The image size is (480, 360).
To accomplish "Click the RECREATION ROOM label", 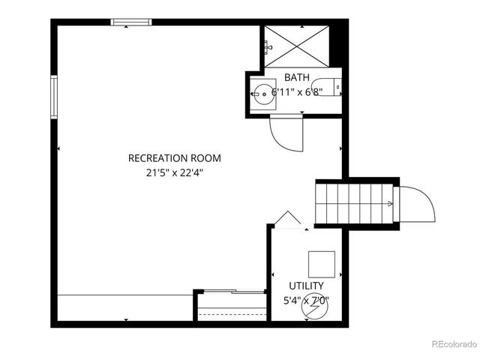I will pos(175,158).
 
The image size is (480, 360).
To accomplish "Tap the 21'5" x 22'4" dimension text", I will pos(175,172).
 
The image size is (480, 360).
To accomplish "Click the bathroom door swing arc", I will pos(286,134).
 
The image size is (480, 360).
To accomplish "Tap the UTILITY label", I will pos(307,286).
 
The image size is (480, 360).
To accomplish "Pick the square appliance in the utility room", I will pos(322,263).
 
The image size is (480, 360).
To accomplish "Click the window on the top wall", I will pos(132,22).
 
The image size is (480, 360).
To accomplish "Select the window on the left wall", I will pos(54,96).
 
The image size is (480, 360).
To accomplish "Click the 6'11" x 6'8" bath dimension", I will pos(297,92).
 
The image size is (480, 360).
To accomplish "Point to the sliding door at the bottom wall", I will pos(232,292).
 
